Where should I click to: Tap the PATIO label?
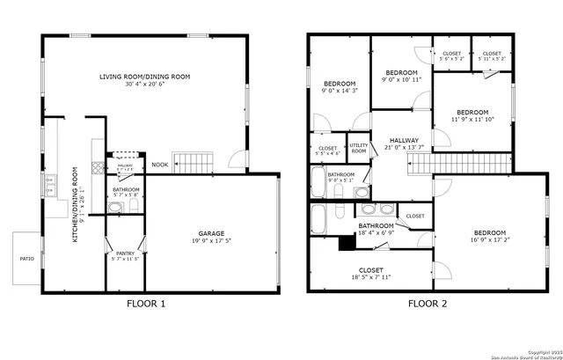point(26,259)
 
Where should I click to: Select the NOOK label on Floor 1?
point(159,165)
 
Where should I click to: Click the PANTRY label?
point(125,253)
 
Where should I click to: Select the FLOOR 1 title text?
point(146,305)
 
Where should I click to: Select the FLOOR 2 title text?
point(428,305)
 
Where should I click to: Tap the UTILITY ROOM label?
point(358,149)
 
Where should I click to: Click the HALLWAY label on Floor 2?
point(399,141)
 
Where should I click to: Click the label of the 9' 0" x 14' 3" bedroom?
point(339,84)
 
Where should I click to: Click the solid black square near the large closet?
point(346,244)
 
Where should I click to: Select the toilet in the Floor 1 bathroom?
point(133,207)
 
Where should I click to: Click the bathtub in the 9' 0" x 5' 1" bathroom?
point(318,184)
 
